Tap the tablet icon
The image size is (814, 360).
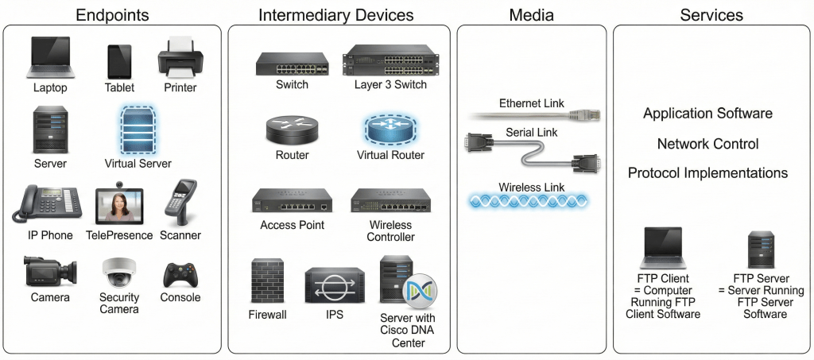click(x=119, y=61)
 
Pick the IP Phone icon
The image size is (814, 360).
click(x=46, y=204)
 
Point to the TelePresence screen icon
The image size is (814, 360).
click(x=118, y=206)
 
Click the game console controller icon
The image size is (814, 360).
click(x=180, y=275)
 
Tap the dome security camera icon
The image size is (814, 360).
click(x=120, y=273)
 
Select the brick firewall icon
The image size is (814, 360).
click(x=267, y=280)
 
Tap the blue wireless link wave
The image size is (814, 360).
click(x=528, y=201)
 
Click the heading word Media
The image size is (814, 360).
click(x=532, y=15)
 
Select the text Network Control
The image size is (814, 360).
click(x=707, y=144)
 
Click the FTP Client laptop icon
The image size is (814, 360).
click(x=664, y=248)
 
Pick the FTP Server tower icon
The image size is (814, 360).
click(x=761, y=250)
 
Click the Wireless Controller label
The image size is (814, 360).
click(x=391, y=230)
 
